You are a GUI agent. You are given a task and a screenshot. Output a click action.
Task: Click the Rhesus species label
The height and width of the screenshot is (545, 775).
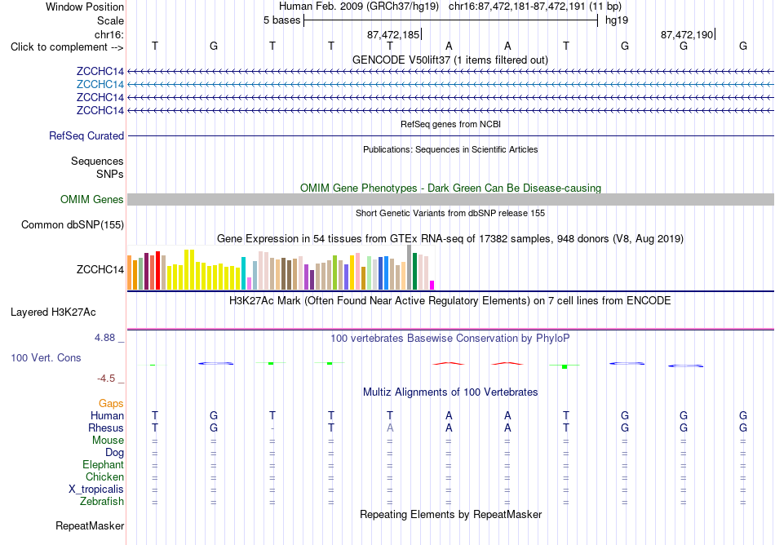click(x=106, y=428)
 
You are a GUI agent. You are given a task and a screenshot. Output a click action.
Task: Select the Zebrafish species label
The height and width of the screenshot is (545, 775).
click(x=102, y=501)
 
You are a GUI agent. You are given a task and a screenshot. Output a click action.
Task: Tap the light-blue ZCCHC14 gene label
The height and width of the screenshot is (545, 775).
click(x=100, y=85)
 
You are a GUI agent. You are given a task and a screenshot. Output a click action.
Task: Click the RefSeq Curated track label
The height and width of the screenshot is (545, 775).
click(x=86, y=136)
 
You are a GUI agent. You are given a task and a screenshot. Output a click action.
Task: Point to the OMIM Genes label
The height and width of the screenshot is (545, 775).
click(x=92, y=199)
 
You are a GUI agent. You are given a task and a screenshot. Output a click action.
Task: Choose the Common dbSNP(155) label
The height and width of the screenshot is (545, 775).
click(x=73, y=225)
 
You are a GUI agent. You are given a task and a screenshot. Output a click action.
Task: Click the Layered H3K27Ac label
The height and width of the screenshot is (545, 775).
click(x=53, y=312)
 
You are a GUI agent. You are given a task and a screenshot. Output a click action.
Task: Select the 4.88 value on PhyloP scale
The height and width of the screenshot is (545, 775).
click(x=104, y=338)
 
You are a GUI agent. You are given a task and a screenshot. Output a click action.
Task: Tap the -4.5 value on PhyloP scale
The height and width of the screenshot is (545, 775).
click(x=106, y=379)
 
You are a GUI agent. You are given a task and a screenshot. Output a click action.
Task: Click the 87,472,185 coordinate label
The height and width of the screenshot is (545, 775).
click(x=393, y=34)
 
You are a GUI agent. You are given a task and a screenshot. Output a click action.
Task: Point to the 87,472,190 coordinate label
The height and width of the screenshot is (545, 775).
click(x=687, y=34)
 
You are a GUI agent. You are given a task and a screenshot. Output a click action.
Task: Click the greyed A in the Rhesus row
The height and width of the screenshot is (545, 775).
click(x=390, y=428)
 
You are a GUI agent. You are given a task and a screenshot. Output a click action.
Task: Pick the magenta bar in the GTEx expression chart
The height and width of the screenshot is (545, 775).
click(x=432, y=285)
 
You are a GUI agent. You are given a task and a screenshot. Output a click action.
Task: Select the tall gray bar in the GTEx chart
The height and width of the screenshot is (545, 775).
click(x=410, y=268)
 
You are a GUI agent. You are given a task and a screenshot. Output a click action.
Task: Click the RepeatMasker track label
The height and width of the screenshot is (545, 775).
click(x=90, y=525)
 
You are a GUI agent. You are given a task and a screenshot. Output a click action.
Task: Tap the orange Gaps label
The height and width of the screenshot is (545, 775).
click(x=111, y=404)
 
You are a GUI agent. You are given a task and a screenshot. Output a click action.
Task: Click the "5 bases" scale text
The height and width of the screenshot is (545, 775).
click(x=281, y=20)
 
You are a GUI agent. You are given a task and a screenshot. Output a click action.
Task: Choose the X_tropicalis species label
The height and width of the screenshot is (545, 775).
click(x=96, y=490)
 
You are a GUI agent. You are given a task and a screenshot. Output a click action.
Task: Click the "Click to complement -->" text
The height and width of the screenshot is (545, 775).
click(x=67, y=47)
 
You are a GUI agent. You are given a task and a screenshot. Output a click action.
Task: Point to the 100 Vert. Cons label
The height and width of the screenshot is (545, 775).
click(x=46, y=357)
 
